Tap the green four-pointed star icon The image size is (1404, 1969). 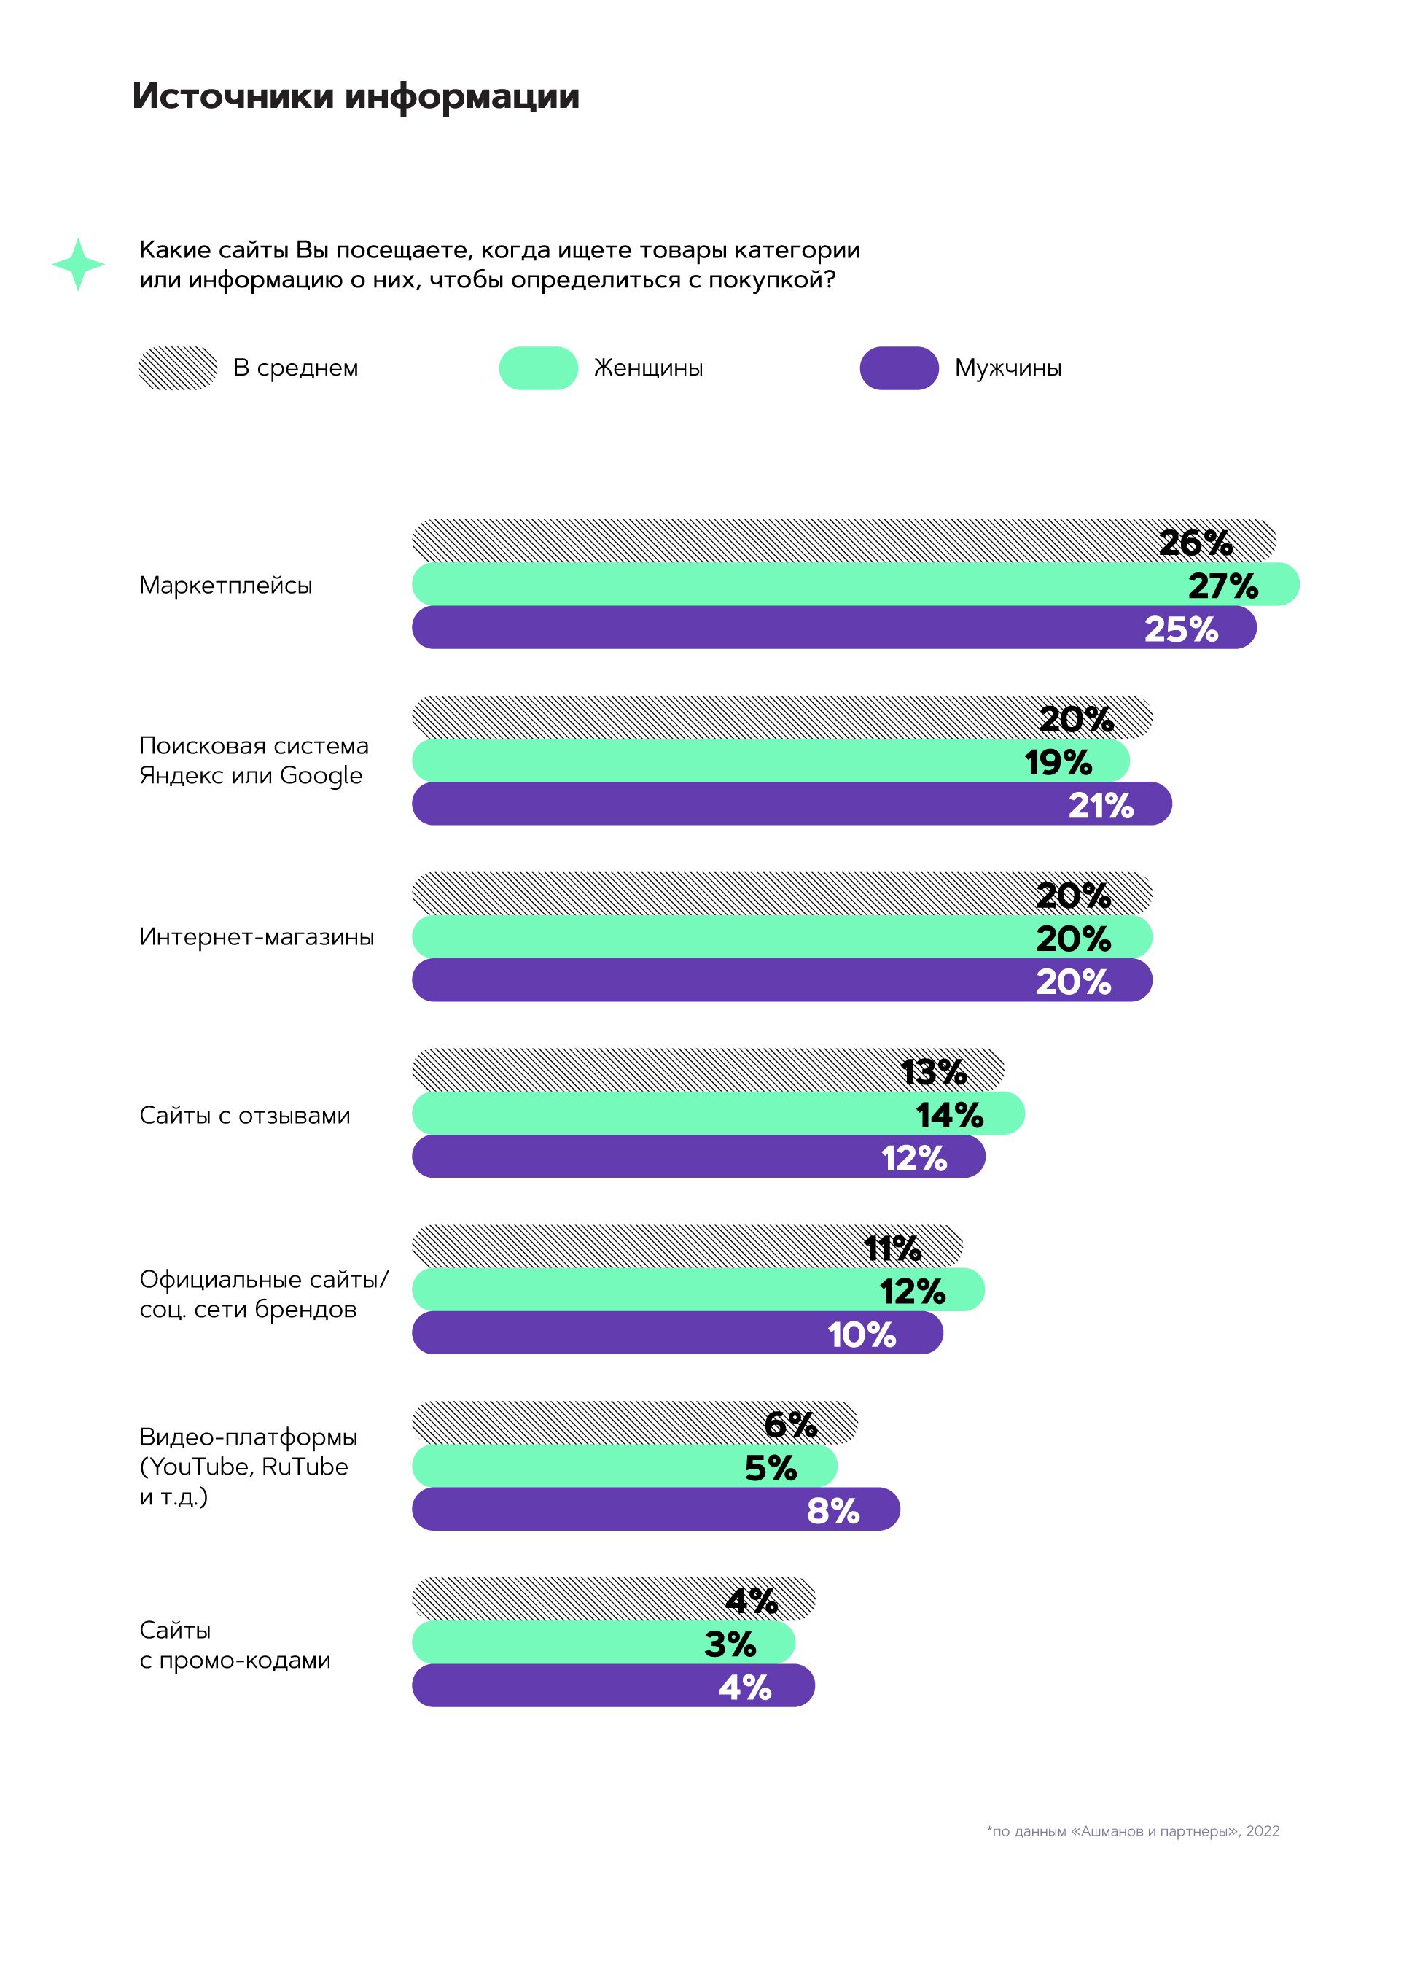[78, 264]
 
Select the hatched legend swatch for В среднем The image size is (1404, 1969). [177, 368]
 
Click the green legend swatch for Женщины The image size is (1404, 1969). [538, 368]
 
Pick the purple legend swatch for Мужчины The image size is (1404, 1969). [898, 368]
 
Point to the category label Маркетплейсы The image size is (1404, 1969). [226, 586]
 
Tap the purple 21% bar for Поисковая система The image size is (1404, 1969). [735, 804]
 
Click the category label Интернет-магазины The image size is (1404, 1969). [256, 936]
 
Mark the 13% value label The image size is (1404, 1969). [933, 1071]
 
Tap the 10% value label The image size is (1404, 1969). [861, 1335]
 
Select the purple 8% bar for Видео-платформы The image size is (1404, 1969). [605, 1509]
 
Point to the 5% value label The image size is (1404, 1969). [770, 1467]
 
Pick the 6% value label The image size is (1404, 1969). [789, 1424]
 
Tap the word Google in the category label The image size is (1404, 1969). [321, 776]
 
